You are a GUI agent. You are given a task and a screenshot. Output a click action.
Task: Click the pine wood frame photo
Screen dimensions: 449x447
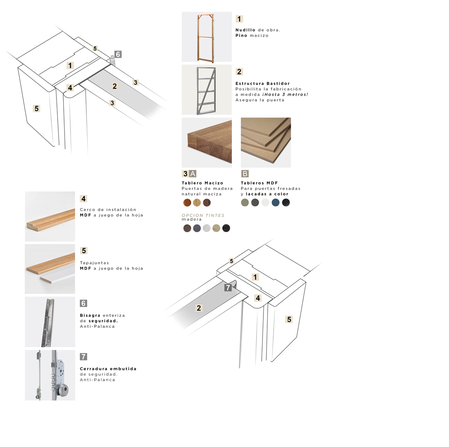(x=207, y=37)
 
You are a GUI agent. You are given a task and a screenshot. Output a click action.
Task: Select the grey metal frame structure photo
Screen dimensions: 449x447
(x=207, y=90)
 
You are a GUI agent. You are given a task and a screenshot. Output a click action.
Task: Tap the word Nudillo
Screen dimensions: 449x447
(x=245, y=30)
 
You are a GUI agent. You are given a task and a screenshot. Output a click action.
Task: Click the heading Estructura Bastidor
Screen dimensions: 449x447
(x=263, y=83)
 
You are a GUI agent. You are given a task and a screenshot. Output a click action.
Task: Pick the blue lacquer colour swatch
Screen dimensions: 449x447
(x=275, y=203)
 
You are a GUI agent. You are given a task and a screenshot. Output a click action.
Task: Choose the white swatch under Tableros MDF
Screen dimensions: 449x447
(x=266, y=203)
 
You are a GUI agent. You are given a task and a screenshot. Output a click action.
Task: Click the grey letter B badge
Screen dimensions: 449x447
(x=245, y=173)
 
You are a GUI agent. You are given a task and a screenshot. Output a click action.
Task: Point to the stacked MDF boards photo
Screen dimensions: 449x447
(x=266, y=142)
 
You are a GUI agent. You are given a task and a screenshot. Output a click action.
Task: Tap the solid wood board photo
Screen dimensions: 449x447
(x=207, y=142)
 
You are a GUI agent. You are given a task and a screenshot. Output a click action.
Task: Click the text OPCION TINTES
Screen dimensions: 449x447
(x=203, y=215)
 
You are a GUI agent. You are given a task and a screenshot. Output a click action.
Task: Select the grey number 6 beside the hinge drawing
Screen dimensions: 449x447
(x=118, y=54)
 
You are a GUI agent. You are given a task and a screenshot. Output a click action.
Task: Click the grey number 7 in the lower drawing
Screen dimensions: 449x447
(x=228, y=287)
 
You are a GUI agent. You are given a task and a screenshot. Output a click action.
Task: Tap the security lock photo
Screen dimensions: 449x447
(x=50, y=375)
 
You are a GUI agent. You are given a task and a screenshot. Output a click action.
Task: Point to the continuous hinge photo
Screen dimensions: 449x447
(x=50, y=322)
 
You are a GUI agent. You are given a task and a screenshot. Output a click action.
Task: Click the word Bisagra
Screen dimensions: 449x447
(x=90, y=316)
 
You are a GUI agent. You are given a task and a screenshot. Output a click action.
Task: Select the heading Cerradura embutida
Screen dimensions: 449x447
(x=108, y=369)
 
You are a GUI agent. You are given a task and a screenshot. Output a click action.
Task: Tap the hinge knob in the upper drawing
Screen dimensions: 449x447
(x=112, y=60)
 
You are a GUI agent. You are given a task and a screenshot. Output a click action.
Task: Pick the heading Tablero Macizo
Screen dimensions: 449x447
(x=202, y=183)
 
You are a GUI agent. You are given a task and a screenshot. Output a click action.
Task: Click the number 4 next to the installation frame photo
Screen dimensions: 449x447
(x=83, y=199)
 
